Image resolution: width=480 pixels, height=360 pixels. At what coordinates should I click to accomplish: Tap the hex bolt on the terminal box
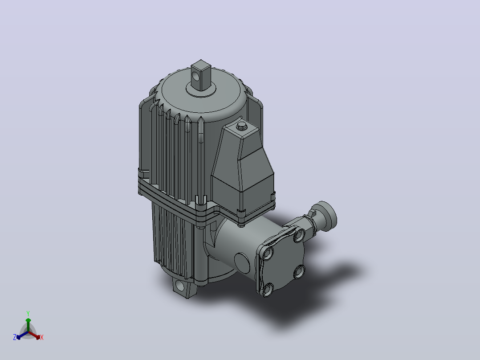242,126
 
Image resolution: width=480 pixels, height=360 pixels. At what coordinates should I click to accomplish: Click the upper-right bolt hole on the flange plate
299,235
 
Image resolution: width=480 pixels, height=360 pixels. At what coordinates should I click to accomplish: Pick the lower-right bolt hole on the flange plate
299,271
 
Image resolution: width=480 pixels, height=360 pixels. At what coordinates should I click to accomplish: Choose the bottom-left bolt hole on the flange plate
268,289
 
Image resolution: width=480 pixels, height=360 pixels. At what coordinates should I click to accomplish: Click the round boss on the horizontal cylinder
242,262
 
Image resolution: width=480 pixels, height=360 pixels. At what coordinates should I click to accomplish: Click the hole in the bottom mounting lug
180,286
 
